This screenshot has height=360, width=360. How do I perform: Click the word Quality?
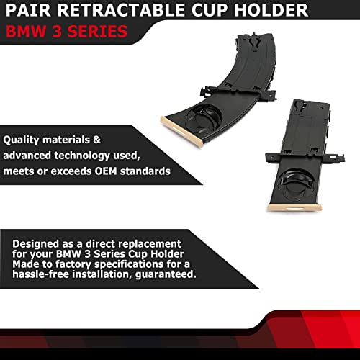pos(23,140)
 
